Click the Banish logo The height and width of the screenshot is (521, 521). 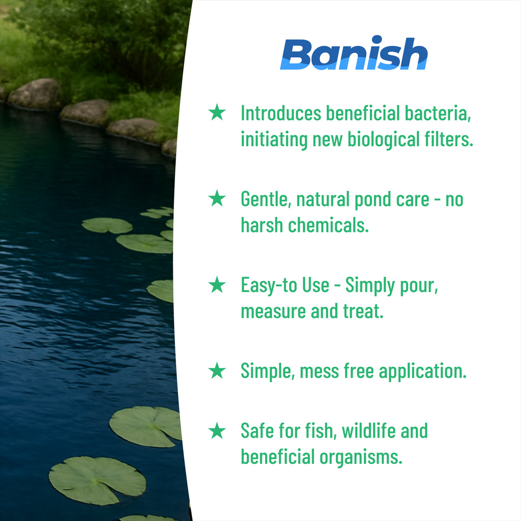point(354,53)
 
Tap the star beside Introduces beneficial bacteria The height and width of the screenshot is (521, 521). point(217,112)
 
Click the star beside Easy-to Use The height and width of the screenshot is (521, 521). point(217,284)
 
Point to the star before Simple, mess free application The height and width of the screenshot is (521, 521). point(217,370)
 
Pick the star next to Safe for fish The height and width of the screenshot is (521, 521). point(217,430)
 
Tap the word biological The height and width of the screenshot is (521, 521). point(384,139)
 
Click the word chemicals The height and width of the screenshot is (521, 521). point(328,225)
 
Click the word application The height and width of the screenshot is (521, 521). point(423,371)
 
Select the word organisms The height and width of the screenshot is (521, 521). point(361,457)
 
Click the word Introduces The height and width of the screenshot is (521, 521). point(281,113)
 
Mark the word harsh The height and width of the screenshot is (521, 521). point(262,225)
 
